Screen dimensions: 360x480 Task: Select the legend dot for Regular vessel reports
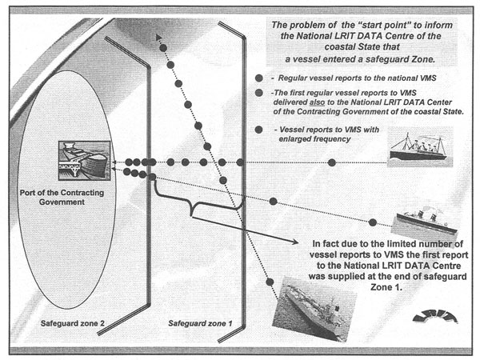point(258,78)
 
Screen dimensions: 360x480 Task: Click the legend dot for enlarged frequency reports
point(258,130)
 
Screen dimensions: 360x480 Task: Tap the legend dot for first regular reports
point(258,94)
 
